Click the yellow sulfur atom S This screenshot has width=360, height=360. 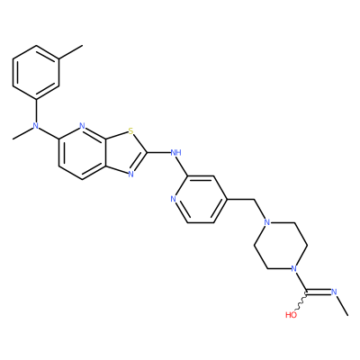[130, 130]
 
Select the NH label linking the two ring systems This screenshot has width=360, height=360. [175, 153]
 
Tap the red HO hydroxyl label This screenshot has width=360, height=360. [291, 315]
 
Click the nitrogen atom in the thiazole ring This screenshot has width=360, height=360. [130, 175]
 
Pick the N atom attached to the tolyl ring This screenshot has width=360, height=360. [36, 126]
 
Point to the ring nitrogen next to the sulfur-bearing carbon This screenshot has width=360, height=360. [83, 126]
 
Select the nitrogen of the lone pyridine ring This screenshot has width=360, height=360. [173, 199]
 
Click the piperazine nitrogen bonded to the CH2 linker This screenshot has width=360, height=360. [266, 222]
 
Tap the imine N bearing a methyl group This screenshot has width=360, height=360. [334, 292]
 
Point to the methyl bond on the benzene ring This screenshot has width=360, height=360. [71, 52]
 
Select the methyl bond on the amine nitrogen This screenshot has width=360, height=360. [22, 133]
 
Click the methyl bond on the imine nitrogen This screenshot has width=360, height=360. [343, 305]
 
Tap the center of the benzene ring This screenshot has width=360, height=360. [36, 73]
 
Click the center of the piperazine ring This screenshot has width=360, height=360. [281, 246]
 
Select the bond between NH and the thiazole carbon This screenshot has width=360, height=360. [158, 153]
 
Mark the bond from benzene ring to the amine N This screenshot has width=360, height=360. [36, 111]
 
